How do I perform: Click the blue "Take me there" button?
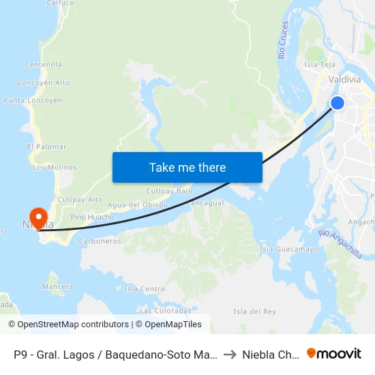coord(187,167)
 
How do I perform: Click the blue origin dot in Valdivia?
coord(337,103)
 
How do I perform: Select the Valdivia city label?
coord(344,80)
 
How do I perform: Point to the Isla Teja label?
coord(320,65)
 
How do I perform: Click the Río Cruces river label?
coord(284,40)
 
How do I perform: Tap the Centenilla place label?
coord(43,65)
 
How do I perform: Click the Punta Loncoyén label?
coord(33,100)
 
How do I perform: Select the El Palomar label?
coord(47,147)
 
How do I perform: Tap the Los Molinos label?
coord(55,167)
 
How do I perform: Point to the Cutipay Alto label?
coord(80,199)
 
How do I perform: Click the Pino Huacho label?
coord(92,217)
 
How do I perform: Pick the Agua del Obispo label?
coord(138,205)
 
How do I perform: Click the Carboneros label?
coord(100,241)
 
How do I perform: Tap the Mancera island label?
coord(58,286)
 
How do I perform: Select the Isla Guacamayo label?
coord(289,250)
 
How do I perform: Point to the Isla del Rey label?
coord(254,312)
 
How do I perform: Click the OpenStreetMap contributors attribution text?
coord(69,325)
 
